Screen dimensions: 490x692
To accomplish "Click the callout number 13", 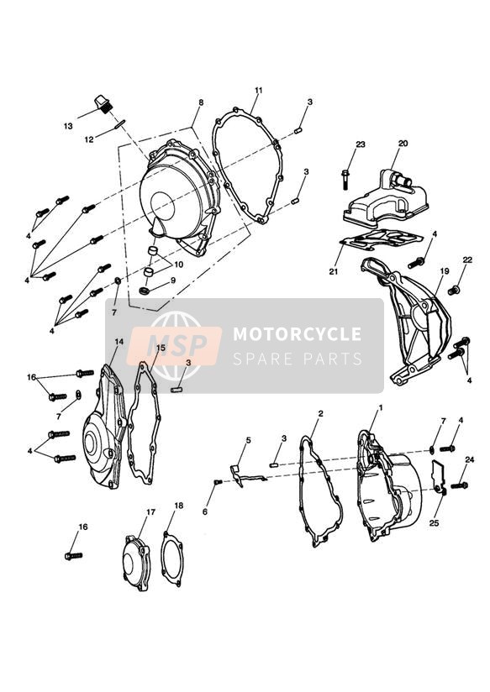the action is click(67, 126).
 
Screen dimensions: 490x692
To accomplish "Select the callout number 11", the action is click(259, 90).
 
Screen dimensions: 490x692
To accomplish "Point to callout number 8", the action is click(201, 102).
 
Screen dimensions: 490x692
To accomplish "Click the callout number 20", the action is click(403, 143).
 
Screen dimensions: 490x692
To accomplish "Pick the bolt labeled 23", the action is click(346, 180).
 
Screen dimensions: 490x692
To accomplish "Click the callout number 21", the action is click(333, 272).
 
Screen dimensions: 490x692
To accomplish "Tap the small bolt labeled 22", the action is click(453, 291).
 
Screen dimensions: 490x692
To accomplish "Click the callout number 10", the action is click(178, 265).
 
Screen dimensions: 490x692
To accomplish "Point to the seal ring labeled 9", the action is click(145, 291).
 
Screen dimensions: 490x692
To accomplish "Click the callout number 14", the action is click(119, 342).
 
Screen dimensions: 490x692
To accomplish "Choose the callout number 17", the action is click(150, 512).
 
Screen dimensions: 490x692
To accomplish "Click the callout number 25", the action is click(434, 523).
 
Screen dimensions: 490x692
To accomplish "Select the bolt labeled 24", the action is click(459, 485).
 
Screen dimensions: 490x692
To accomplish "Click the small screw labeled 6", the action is click(218, 482).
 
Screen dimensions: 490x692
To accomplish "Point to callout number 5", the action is click(248, 440).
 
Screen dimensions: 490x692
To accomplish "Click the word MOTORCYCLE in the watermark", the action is click(297, 334).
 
